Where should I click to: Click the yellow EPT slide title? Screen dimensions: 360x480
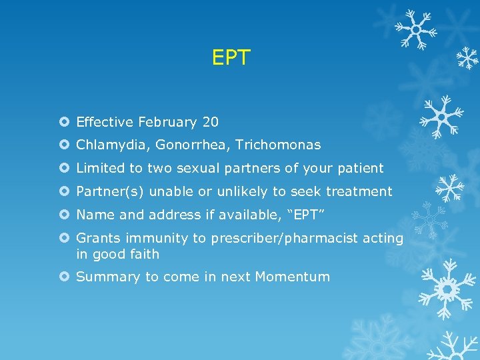click(x=231, y=58)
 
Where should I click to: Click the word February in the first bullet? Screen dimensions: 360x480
click(x=167, y=122)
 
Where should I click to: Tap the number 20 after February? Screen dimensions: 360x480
click(x=210, y=122)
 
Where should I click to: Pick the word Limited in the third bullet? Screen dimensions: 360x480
click(x=99, y=168)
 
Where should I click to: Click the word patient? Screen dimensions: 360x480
click(x=361, y=168)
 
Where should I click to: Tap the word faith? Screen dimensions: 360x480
click(x=145, y=253)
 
